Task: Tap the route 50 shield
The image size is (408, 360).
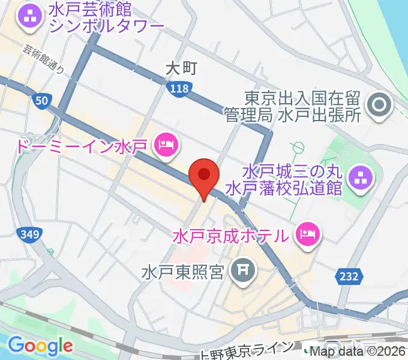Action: click(x=41, y=101)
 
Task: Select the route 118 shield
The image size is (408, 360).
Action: click(x=178, y=89)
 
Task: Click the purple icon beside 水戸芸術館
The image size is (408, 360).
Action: click(x=29, y=16)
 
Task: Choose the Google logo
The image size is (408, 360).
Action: click(x=40, y=345)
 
